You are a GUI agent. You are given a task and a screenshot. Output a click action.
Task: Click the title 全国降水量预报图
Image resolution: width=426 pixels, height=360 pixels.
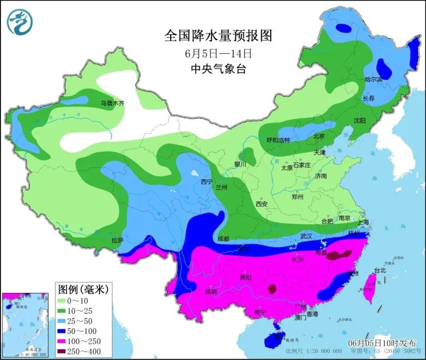click(217, 36)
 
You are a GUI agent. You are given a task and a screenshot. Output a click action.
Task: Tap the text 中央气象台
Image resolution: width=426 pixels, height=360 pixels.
click(218, 69)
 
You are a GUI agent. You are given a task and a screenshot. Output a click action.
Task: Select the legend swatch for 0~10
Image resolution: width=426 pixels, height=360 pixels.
click(64, 301)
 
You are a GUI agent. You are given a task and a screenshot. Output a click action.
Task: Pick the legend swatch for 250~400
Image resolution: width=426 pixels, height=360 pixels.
click(64, 351)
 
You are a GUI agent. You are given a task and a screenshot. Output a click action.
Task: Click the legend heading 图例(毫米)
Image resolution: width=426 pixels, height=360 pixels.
click(82, 289)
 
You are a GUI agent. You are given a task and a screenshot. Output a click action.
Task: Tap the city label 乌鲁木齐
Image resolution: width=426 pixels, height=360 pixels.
click(112, 103)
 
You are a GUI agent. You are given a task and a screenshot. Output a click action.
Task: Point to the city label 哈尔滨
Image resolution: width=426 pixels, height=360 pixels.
click(373, 79)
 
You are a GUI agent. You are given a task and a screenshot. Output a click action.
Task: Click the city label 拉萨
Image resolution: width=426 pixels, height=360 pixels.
click(117, 240)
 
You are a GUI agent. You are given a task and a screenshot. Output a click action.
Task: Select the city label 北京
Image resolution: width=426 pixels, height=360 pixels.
click(319, 136)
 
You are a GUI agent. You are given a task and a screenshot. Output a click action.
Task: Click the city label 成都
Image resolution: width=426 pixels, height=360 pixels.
click(223, 238)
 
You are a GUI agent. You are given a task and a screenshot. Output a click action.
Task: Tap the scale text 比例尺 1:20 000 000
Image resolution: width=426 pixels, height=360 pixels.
click(313, 352)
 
